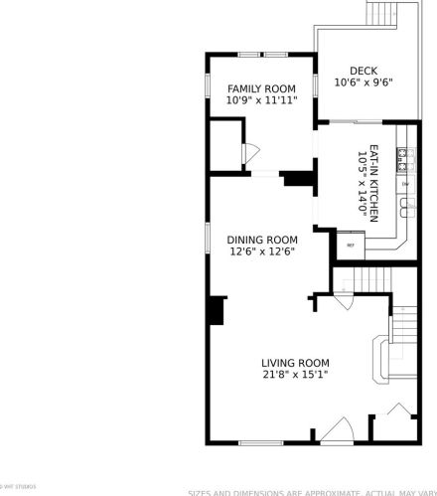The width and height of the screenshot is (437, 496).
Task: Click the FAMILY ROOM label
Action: click(x=261, y=88)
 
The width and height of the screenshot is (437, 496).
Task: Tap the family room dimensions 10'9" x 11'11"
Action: click(x=261, y=100)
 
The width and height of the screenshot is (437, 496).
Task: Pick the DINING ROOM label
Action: click(x=261, y=239)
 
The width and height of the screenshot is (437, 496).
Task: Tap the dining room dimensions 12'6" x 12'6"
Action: click(x=261, y=251)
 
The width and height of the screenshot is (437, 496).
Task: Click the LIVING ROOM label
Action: click(x=295, y=363)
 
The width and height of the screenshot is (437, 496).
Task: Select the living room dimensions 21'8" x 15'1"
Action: click(x=295, y=375)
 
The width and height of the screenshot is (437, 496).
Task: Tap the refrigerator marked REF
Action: click(x=350, y=244)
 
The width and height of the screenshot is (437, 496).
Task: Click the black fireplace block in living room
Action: click(x=216, y=310)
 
